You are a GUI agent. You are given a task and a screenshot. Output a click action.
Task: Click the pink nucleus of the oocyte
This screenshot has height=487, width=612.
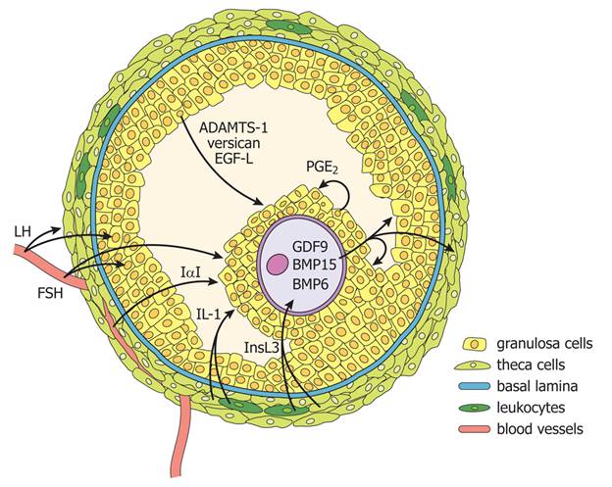[x=279, y=265]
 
